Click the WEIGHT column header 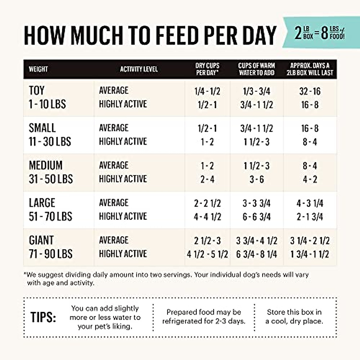(38, 69)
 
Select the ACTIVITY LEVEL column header (139, 69)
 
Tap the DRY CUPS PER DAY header (207, 69)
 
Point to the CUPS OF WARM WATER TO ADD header (256, 69)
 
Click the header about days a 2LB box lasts (310, 69)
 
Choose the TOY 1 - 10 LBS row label (47, 97)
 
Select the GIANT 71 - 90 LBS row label (50, 247)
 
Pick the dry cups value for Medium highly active (207, 179)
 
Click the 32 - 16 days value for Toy (310, 91)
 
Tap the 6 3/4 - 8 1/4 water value (256, 254)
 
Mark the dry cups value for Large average (207, 203)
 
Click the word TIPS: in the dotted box (43, 317)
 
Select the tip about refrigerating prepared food (204, 316)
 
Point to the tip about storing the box (294, 316)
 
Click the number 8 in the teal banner (324, 33)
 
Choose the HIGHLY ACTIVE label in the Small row (123, 142)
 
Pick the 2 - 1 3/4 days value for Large (310, 217)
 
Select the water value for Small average (256, 128)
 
